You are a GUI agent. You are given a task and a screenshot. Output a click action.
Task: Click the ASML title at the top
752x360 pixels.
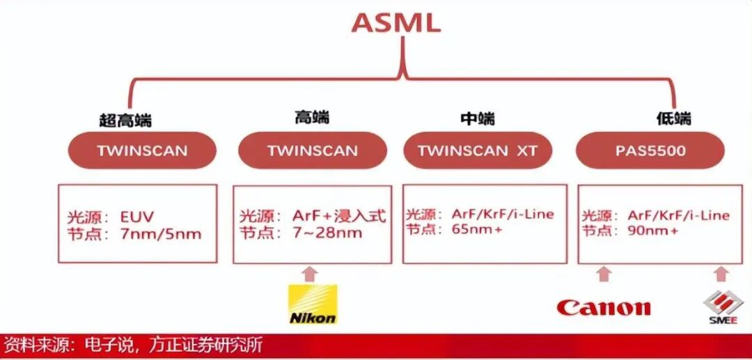click(x=395, y=22)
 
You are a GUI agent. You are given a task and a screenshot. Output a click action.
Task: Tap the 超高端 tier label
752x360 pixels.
click(x=125, y=120)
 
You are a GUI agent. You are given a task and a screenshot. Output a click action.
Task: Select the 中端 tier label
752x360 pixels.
click(x=478, y=118)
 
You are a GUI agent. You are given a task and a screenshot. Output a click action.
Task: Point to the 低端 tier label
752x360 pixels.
click(x=673, y=118)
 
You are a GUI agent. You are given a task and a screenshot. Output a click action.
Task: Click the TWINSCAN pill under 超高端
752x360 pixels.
click(x=142, y=150)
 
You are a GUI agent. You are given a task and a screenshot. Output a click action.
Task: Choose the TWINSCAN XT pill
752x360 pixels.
click(x=478, y=150)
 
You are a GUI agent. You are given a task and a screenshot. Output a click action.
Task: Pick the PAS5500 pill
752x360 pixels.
click(x=650, y=150)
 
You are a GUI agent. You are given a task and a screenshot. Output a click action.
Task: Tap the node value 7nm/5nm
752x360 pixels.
click(x=161, y=234)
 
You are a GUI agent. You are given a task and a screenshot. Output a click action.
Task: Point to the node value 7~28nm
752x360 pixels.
click(x=327, y=233)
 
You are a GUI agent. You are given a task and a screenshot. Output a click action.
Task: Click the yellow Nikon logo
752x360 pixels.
click(x=313, y=304)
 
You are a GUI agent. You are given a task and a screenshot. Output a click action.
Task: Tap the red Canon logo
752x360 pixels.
click(x=604, y=307)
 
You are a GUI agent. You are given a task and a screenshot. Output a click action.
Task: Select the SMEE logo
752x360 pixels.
click(x=721, y=307)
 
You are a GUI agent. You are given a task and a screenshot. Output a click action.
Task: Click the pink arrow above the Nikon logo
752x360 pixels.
click(x=311, y=274)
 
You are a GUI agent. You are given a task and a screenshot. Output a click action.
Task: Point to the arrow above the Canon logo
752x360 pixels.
click(x=604, y=274)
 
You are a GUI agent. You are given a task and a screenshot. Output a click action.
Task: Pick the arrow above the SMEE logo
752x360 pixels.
click(x=721, y=274)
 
